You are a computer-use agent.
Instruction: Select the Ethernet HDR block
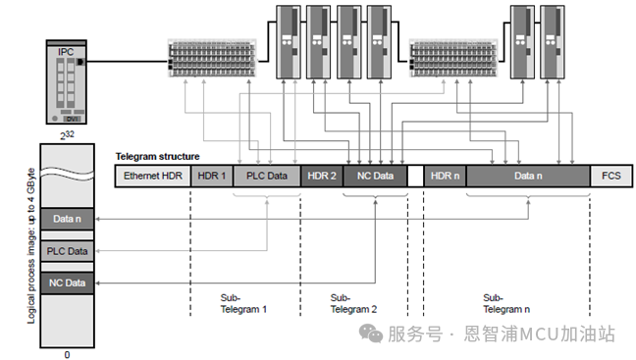point(153,176)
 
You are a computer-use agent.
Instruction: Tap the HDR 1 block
point(211,176)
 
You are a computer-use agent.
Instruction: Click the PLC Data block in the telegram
point(266,176)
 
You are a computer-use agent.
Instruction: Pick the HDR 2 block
point(321,176)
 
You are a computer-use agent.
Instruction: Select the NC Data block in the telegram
point(374,176)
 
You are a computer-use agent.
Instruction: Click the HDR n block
point(445,176)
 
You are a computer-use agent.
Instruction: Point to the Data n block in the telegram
point(527,176)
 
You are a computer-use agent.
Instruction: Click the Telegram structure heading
point(157,156)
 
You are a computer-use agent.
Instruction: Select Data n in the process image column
point(67,219)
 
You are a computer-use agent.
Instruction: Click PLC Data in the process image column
point(67,251)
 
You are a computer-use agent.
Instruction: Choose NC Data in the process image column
point(67,283)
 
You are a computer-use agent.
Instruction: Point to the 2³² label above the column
point(66,134)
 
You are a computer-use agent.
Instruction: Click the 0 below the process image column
point(67,354)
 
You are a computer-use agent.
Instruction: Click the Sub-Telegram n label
point(506,302)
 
